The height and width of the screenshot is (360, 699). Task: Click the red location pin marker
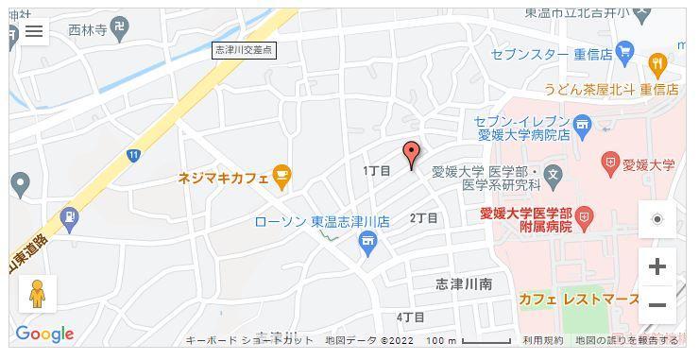[411, 154]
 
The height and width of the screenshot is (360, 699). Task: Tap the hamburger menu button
[34, 31]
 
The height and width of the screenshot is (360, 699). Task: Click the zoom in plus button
[657, 266]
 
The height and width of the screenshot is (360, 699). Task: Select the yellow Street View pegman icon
[38, 294]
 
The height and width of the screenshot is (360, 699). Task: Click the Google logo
[44, 334]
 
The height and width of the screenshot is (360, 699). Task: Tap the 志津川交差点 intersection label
[245, 50]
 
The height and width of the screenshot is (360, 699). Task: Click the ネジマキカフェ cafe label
[223, 177]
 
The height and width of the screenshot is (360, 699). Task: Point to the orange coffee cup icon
[281, 175]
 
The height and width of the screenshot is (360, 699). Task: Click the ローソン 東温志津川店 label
[322, 221]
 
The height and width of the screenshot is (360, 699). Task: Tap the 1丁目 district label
[377, 170]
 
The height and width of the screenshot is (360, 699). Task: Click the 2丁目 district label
[423, 218]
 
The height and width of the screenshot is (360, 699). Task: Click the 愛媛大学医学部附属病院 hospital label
[526, 219]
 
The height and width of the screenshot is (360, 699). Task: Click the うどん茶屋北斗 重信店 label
[611, 91]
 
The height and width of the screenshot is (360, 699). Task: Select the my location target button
[657, 219]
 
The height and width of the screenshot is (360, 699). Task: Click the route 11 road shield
[134, 155]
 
